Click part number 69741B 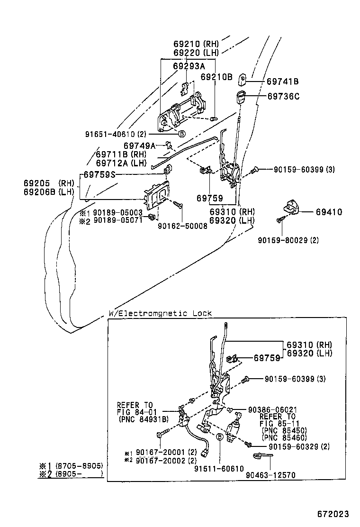click(282, 82)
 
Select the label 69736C click(283, 96)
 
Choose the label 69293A click(189, 66)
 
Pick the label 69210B click(216, 76)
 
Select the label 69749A click(139, 145)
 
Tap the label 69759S click(99, 174)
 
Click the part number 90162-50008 click(182, 227)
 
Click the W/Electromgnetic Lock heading click(160, 313)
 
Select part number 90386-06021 click(272, 409)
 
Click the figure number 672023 click(333, 514)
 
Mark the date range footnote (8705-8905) click(79, 466)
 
